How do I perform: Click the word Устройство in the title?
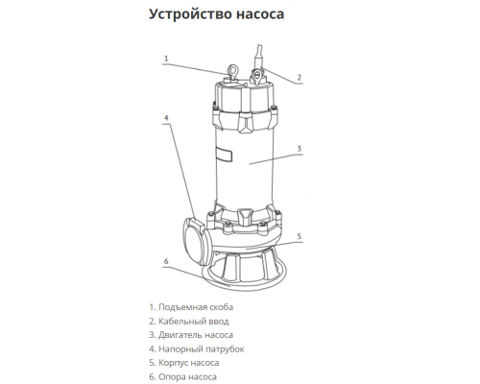pyautogui.click(x=187, y=15)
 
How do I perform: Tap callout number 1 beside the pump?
pyautogui.click(x=166, y=59)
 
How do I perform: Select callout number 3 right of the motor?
pyautogui.click(x=300, y=149)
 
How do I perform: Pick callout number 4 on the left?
pyautogui.click(x=166, y=119)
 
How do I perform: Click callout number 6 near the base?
pyautogui.click(x=166, y=260)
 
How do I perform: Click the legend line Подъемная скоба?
pyautogui.click(x=192, y=306)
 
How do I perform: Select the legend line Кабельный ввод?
pyautogui.click(x=189, y=321)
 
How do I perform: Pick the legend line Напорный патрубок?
pyautogui.click(x=196, y=349)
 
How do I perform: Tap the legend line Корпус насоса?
pyautogui.click(x=183, y=364)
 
